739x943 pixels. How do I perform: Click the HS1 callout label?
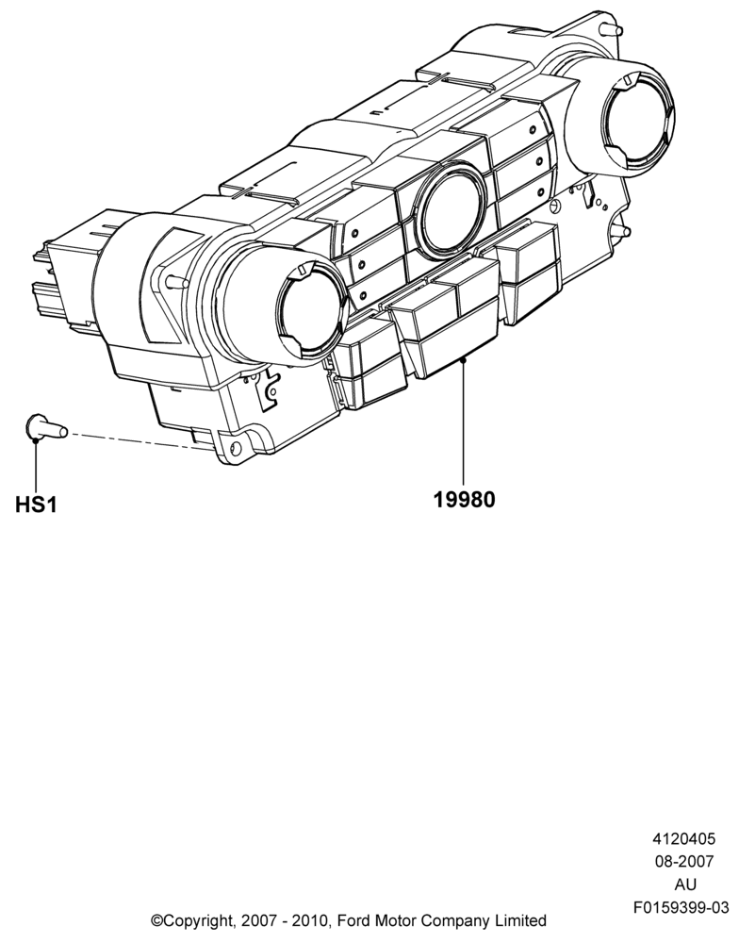pyautogui.click(x=36, y=504)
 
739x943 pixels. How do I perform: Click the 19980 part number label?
pyautogui.click(x=465, y=499)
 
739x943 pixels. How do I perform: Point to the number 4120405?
pyautogui.click(x=684, y=838)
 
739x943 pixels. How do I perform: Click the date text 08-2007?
pyautogui.click(x=684, y=861)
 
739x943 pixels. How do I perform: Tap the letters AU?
pyautogui.click(x=685, y=885)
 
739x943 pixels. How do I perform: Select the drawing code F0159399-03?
pyautogui.click(x=681, y=907)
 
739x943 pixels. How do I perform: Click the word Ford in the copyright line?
pyautogui.click(x=353, y=920)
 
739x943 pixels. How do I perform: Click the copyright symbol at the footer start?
pyautogui.click(x=156, y=920)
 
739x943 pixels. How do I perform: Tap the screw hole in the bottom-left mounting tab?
pyautogui.click(x=235, y=447)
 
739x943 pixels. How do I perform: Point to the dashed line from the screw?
pyautogui.click(x=140, y=440)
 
